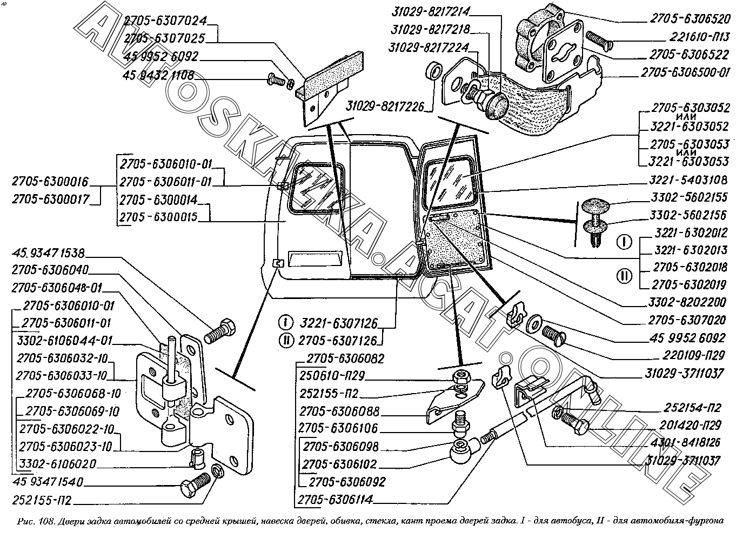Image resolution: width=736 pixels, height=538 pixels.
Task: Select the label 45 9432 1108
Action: click(x=158, y=76)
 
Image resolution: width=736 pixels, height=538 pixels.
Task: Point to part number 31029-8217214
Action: click(x=429, y=11)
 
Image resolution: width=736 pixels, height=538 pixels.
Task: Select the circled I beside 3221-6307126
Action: click(x=285, y=323)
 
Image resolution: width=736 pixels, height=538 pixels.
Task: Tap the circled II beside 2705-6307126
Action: click(x=285, y=341)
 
